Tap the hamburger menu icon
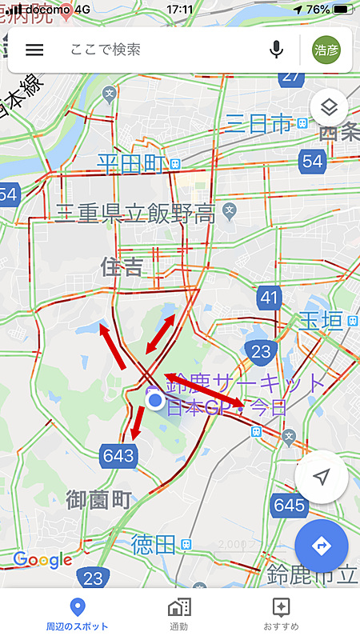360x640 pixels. (34, 50)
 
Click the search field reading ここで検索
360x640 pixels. (160, 50)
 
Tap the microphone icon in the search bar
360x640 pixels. (277, 50)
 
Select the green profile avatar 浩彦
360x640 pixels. (326, 50)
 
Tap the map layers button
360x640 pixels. (331, 106)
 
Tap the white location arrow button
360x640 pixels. (321, 478)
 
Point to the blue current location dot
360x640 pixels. (155, 400)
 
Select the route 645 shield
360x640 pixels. (289, 505)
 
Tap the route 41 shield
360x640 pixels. (270, 299)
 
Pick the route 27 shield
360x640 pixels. (293, 75)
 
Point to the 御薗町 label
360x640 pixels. (98, 501)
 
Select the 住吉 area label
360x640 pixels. (122, 266)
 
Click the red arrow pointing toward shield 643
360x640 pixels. (137, 422)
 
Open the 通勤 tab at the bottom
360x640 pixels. (179, 615)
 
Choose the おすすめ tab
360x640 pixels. (281, 615)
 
